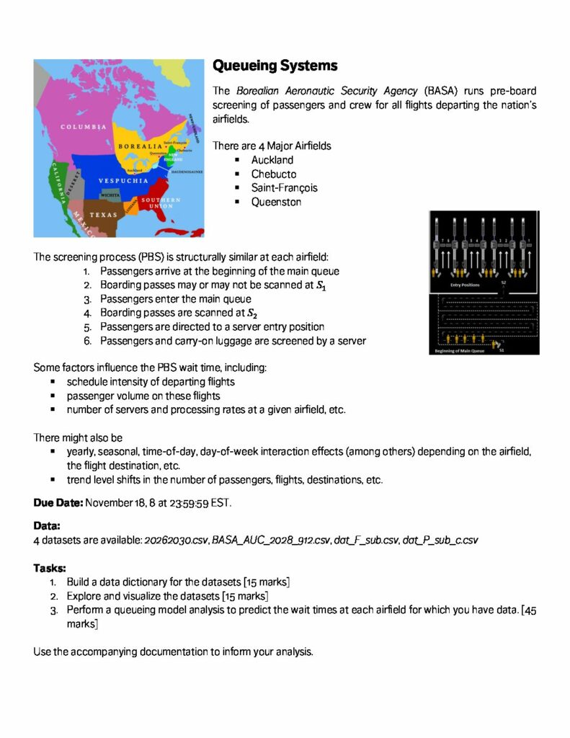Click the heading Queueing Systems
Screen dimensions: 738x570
point(275,66)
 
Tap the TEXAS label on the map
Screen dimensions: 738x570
point(103,215)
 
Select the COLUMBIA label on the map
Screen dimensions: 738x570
point(84,128)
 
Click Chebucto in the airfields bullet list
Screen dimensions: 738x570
point(274,174)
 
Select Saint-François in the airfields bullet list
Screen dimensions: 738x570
point(284,187)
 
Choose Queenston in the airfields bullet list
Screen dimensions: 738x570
point(277,202)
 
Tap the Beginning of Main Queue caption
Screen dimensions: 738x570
point(462,351)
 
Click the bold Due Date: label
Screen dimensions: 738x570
point(58,502)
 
